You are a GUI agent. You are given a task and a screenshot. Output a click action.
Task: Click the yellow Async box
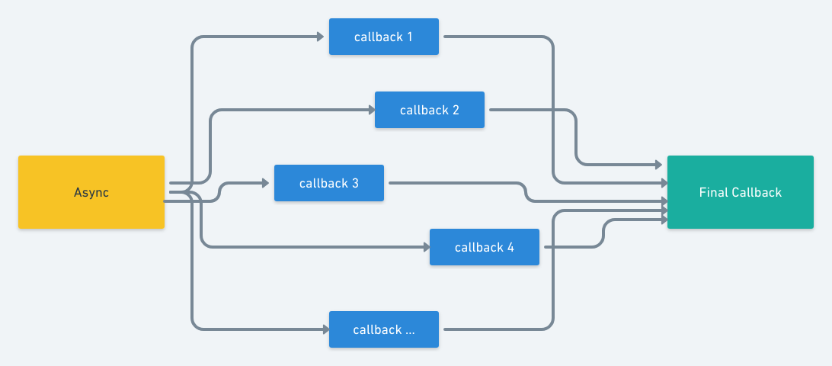[x=91, y=192]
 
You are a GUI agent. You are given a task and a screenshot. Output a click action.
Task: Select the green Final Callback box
[x=740, y=192]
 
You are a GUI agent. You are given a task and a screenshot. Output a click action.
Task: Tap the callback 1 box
[x=383, y=37]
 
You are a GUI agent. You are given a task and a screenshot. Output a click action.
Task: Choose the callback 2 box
[x=429, y=110]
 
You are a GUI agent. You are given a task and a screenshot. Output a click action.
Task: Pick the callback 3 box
[x=328, y=183]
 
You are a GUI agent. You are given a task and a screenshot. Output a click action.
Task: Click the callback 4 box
[x=484, y=247]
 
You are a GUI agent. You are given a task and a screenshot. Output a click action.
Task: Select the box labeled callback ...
[x=383, y=329]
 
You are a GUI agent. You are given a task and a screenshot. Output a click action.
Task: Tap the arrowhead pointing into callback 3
[x=266, y=183]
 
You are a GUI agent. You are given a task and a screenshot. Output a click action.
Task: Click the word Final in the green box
[x=713, y=192]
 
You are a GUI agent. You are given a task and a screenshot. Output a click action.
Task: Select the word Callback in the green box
[x=757, y=192]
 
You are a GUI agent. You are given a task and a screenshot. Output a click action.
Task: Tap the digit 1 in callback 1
[x=410, y=37]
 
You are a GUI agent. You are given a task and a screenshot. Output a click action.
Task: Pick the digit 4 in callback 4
[x=510, y=247]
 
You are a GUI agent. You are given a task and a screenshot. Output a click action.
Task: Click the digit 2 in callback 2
[x=456, y=110]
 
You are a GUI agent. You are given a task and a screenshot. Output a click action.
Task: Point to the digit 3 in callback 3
[x=355, y=183]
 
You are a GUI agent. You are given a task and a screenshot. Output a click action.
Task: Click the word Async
[x=91, y=192]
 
